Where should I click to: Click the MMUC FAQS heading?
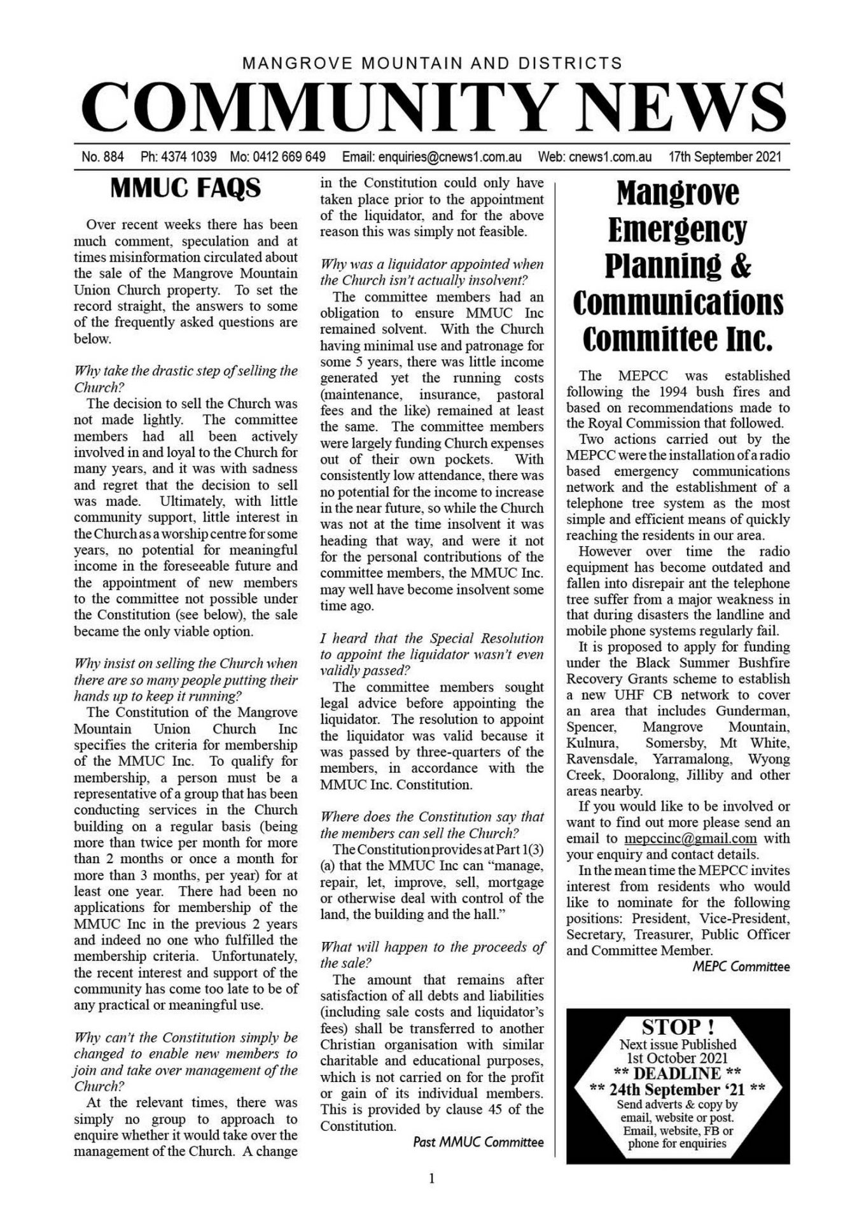point(185,188)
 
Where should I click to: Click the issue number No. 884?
point(102,157)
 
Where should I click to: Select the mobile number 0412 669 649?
point(289,157)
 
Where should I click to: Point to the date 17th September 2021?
point(725,157)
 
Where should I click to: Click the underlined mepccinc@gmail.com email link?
point(690,838)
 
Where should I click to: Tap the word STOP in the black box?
point(672,1028)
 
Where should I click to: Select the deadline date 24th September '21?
point(678,1089)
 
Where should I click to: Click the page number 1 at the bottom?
point(432,1179)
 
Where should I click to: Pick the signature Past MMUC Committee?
point(478,1142)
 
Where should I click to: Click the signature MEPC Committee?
point(741,967)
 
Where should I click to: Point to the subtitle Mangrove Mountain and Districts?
point(432,63)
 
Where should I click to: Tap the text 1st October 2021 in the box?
point(678,1058)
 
